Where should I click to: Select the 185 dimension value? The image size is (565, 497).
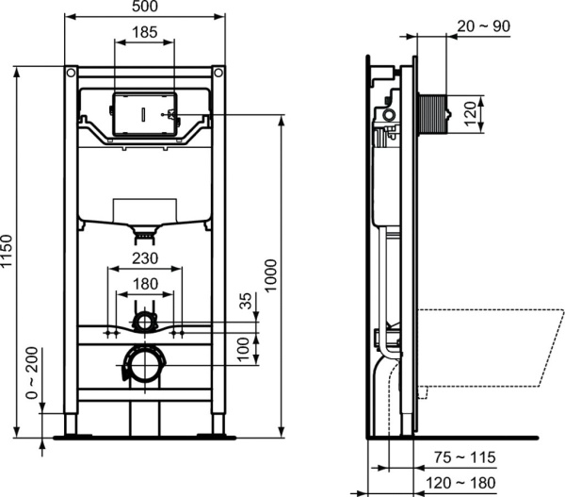(x=143, y=33)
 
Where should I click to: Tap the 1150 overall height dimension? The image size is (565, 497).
(x=8, y=252)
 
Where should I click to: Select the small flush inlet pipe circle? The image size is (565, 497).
(x=143, y=323)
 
